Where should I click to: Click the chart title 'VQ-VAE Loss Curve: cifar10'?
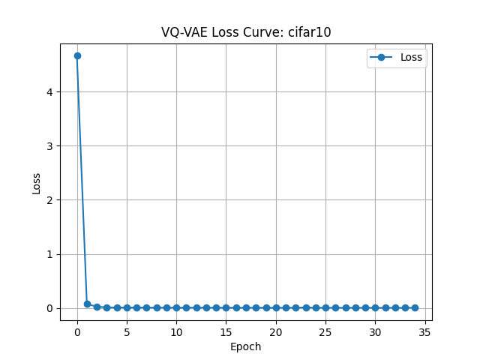click(x=246, y=32)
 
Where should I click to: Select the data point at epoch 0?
click(x=77, y=55)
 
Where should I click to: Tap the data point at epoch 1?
click(x=87, y=304)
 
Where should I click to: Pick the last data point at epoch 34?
click(x=415, y=307)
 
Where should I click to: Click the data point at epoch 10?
click(x=176, y=307)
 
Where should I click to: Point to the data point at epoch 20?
click(x=276, y=307)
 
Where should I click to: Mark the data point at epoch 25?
click(x=325, y=307)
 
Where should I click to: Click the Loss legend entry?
click(x=397, y=58)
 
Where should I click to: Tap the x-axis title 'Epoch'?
click(x=246, y=346)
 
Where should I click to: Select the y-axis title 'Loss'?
click(x=37, y=182)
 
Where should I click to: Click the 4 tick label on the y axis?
click(x=51, y=92)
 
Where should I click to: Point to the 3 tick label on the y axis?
click(x=51, y=146)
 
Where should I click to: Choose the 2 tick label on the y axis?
click(x=51, y=200)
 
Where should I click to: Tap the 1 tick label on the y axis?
click(x=51, y=254)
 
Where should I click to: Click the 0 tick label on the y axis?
click(x=51, y=308)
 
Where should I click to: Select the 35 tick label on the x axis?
click(x=424, y=331)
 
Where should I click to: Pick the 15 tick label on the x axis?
click(x=226, y=331)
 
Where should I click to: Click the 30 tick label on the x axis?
click(x=375, y=331)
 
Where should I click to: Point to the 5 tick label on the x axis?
click(x=127, y=331)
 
